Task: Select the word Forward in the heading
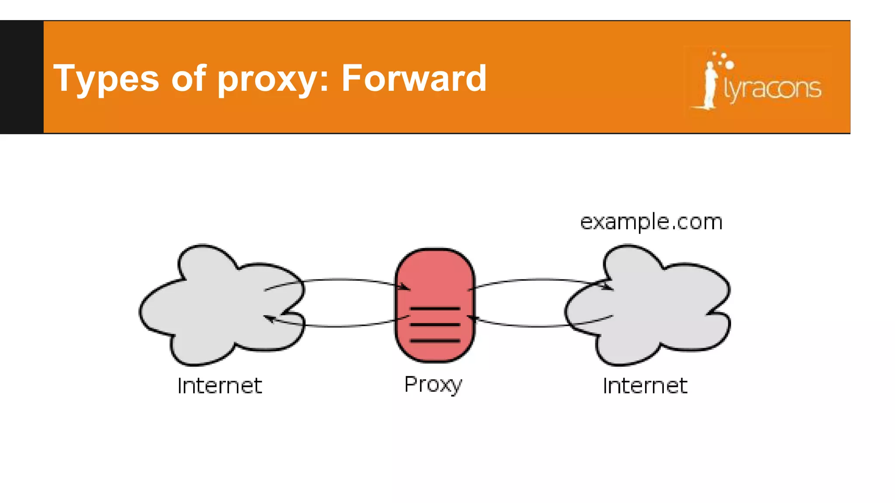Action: click(413, 78)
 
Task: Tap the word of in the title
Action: click(188, 78)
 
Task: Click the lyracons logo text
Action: click(773, 89)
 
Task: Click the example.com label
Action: click(651, 222)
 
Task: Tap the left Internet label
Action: click(219, 386)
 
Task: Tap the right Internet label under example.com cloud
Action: click(645, 386)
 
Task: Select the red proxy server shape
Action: click(434, 279)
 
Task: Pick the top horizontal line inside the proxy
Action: click(434, 309)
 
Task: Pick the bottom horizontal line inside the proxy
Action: click(434, 341)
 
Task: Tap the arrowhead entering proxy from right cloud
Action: click(472, 318)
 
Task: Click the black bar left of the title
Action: click(21, 77)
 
